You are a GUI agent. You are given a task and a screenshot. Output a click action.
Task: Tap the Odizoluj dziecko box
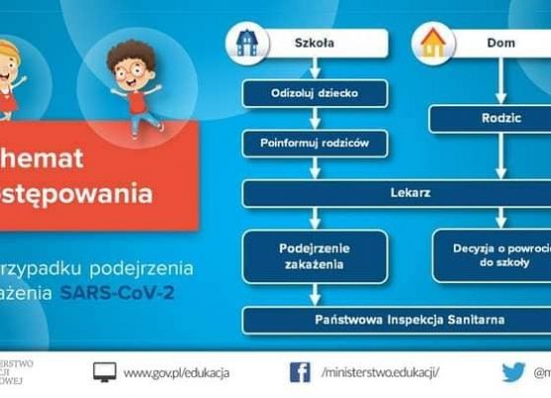pyautogui.click(x=315, y=94)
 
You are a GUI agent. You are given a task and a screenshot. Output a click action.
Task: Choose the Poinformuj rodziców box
pyautogui.click(x=315, y=143)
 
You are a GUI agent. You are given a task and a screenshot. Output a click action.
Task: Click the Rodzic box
pyautogui.click(x=489, y=119)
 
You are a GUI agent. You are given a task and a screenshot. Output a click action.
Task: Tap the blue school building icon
pyautogui.click(x=245, y=42)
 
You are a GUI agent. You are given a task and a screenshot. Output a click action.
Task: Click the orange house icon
pyautogui.click(x=431, y=43)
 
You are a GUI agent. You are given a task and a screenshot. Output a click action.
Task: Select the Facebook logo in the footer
pyautogui.click(x=300, y=372)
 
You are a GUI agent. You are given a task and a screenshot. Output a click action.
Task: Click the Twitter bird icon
pyautogui.click(x=512, y=372)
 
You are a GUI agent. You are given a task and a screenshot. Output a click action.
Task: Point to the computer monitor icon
pyautogui.click(x=104, y=372)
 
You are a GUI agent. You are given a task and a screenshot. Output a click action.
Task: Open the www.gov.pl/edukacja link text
pyautogui.click(x=176, y=372)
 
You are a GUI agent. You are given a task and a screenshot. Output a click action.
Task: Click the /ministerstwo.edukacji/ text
pyautogui.click(x=380, y=372)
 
